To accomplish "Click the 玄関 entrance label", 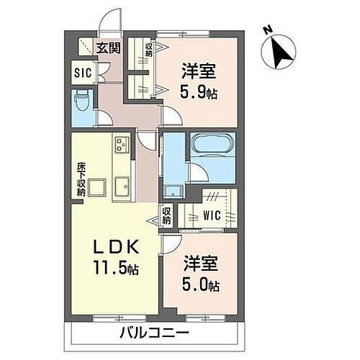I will [x=109, y=49].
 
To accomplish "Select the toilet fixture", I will [x=81, y=102].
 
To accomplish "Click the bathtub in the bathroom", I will [x=210, y=148].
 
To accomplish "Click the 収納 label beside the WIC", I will [x=166, y=215].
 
